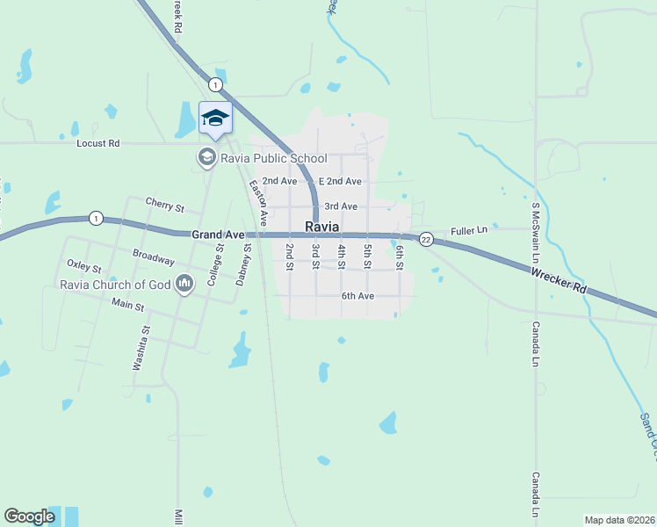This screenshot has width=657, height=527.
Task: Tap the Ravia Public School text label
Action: [274, 158]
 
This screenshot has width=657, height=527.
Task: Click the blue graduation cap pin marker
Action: [215, 119]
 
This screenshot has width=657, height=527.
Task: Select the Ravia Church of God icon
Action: [184, 284]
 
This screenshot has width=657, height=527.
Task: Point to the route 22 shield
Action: [425, 239]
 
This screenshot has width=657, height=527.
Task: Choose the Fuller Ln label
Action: [468, 230]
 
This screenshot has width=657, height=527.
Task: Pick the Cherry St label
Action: [165, 208]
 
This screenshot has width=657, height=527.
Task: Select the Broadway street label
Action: [154, 256]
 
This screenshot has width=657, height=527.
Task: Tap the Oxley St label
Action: [84, 266]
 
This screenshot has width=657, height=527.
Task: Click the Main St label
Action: [127, 304]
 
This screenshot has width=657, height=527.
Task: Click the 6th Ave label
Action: [357, 296]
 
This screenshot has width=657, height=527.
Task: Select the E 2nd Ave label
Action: [340, 181]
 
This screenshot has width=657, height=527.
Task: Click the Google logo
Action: [29, 516]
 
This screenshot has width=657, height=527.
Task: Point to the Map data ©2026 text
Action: [619, 520]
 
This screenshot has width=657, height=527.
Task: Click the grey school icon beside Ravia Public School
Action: [207, 158]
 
